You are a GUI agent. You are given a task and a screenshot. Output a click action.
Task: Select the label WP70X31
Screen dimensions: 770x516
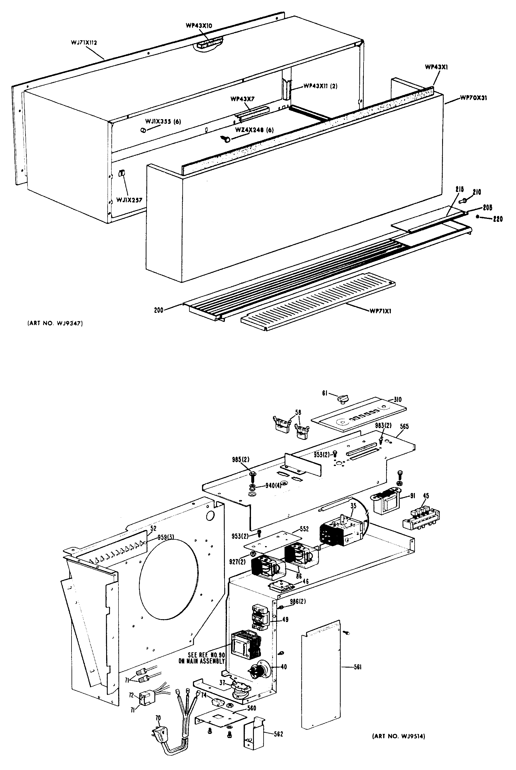coord(473,98)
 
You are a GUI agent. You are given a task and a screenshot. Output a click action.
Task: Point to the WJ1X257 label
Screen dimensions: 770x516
coord(129,200)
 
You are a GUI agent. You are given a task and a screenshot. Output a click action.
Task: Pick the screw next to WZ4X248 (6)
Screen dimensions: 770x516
coord(226,140)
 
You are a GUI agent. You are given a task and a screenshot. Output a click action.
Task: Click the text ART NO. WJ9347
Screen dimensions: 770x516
coord(55,323)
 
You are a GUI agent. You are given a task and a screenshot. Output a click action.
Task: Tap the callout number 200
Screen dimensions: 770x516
coord(159,310)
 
